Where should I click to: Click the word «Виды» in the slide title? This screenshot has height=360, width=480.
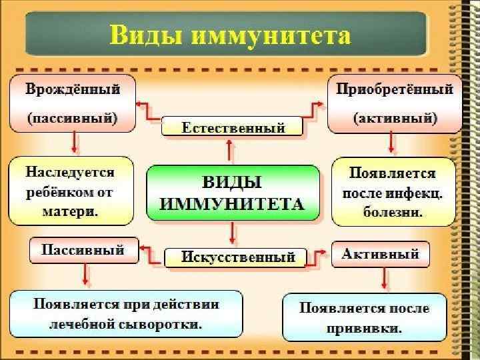145,34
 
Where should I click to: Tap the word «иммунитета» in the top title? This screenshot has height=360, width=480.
267,34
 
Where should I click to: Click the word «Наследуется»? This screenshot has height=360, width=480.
70,173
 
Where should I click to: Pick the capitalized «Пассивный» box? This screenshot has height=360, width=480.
83,251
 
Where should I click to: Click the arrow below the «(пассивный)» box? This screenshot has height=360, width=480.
73,143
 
